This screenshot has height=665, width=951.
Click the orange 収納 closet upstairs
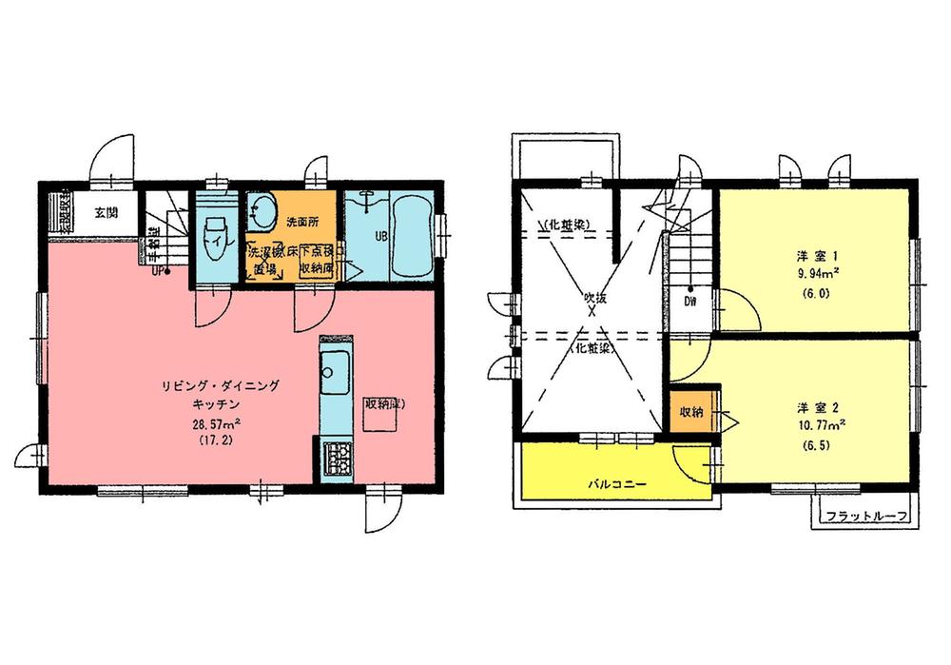691,412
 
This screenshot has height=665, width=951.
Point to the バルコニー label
616,483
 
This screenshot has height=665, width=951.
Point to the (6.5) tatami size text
817,444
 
